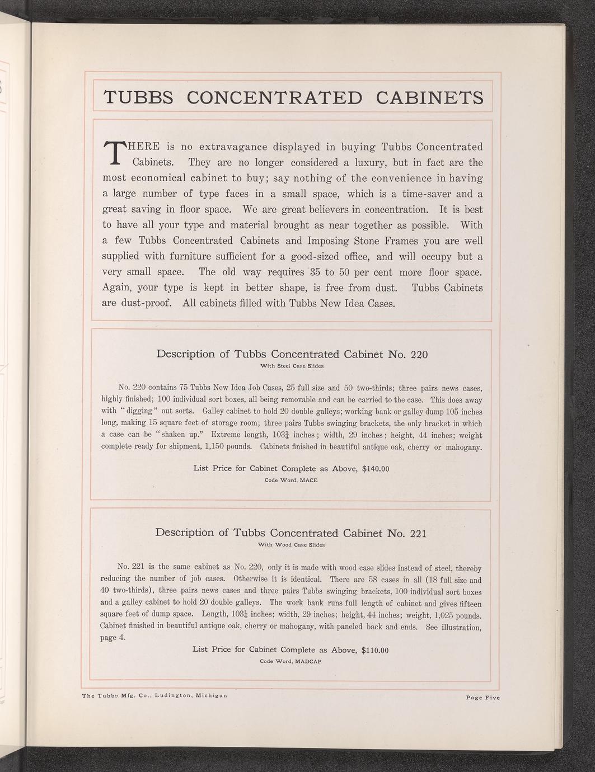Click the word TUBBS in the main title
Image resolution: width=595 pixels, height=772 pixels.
pos(139,97)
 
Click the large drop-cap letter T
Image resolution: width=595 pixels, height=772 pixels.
pos(114,153)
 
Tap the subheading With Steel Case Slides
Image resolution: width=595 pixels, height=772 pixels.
pos(292,366)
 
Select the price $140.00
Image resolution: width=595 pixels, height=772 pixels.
pos(376,469)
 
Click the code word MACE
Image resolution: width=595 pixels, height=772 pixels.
pos(308,480)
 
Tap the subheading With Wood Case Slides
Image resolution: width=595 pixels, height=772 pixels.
pos(291,544)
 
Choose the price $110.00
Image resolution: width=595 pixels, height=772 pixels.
pos(375,650)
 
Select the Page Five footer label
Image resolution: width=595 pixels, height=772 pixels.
pos(482,697)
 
